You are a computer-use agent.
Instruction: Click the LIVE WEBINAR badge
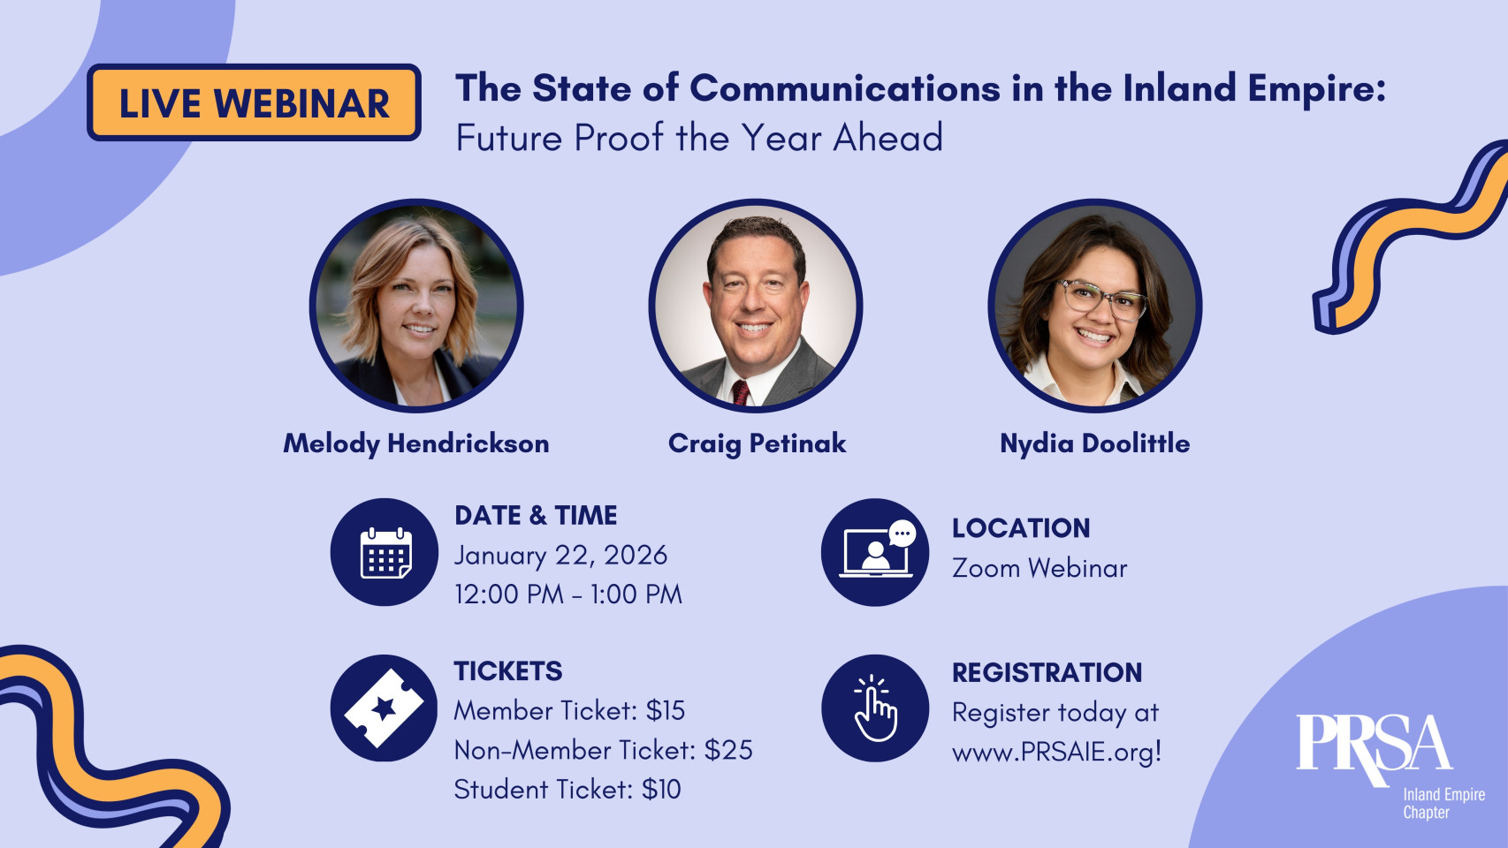pos(254,102)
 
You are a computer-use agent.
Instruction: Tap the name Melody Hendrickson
pos(416,443)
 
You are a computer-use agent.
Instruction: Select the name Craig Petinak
pos(757,443)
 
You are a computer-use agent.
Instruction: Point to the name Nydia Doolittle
pos(1094,443)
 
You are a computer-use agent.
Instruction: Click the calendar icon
pos(385,553)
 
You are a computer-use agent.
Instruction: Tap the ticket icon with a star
pos(385,708)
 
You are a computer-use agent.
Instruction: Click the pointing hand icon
pos(875,708)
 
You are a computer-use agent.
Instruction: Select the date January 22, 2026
pos(560,556)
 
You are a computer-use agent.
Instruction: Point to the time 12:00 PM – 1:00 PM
pos(568,594)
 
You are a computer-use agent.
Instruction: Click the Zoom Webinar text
pos(1040,568)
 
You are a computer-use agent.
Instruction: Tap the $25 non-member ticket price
pos(728,750)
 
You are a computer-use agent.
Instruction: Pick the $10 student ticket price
pos(661,789)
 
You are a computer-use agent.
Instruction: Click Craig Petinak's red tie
pos(741,392)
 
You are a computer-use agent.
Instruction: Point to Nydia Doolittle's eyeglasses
pos(1101,299)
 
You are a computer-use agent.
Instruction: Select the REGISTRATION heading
pos(1047,672)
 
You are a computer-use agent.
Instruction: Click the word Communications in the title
pos(845,88)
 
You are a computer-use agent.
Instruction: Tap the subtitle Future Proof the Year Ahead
pos(699,138)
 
